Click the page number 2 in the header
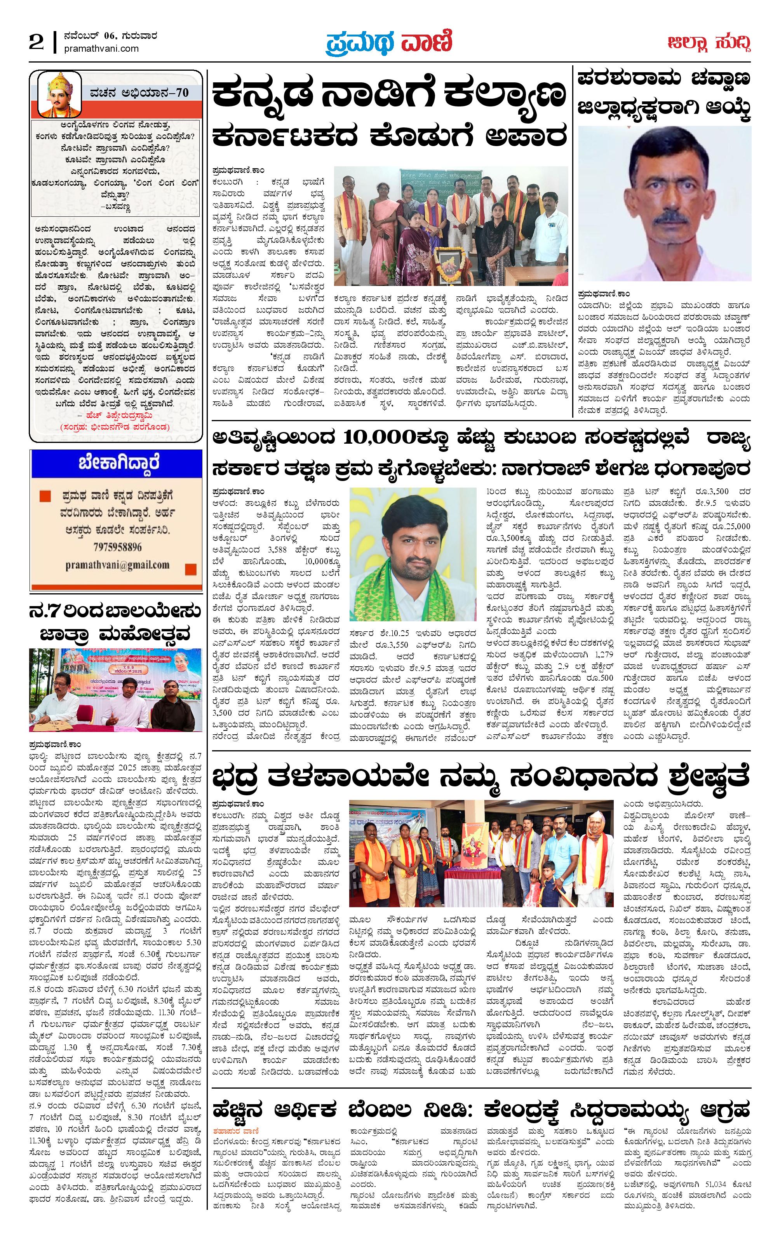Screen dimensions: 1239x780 coord(36,43)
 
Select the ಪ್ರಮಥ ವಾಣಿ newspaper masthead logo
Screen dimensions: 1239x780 coord(388,43)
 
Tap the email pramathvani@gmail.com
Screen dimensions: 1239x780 coord(117,565)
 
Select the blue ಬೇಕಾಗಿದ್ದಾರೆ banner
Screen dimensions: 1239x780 coord(116,463)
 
